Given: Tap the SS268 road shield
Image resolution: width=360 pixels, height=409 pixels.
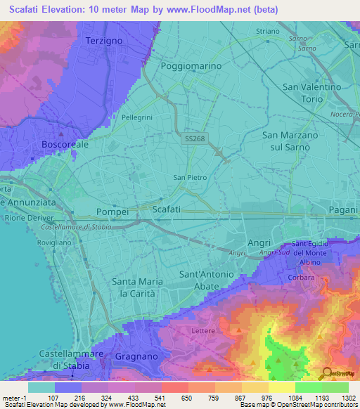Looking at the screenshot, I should click(195, 139).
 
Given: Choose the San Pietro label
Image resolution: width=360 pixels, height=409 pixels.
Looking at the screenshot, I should click(190, 178).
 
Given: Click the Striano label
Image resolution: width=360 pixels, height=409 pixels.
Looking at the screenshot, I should click(267, 32).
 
